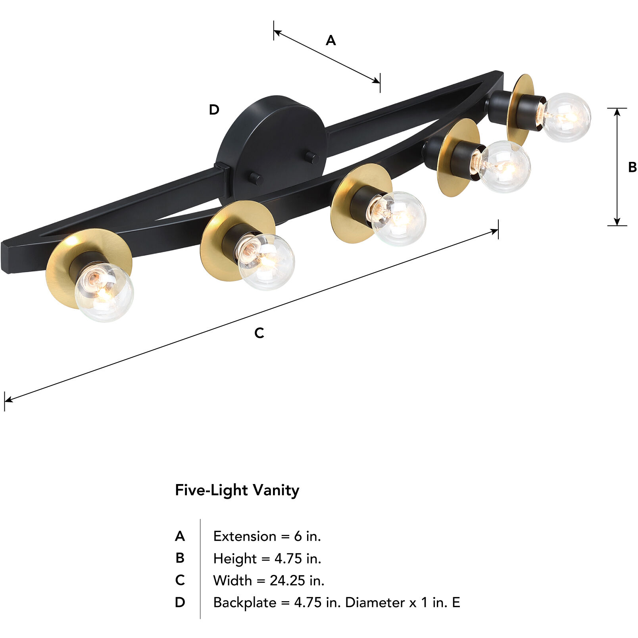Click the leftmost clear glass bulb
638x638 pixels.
pos(104,292)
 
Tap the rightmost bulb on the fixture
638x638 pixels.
pos(566,117)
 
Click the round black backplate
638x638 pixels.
pos(274,147)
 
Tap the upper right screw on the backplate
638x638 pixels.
pos(313,158)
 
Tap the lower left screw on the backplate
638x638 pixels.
pos(256,179)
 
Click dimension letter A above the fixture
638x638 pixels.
pos(331,40)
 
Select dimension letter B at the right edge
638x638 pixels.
pos(632,167)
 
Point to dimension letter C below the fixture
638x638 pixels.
pos(259,333)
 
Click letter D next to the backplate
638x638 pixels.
pos(214,110)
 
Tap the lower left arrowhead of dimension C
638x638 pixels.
pos(8,400)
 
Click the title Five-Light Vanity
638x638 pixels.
pos(237,490)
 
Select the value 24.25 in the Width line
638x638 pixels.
pos(287,580)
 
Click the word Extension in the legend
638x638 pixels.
pos(244,536)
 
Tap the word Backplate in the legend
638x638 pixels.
pos(244,603)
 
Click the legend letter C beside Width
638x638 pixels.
pos(180,580)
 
